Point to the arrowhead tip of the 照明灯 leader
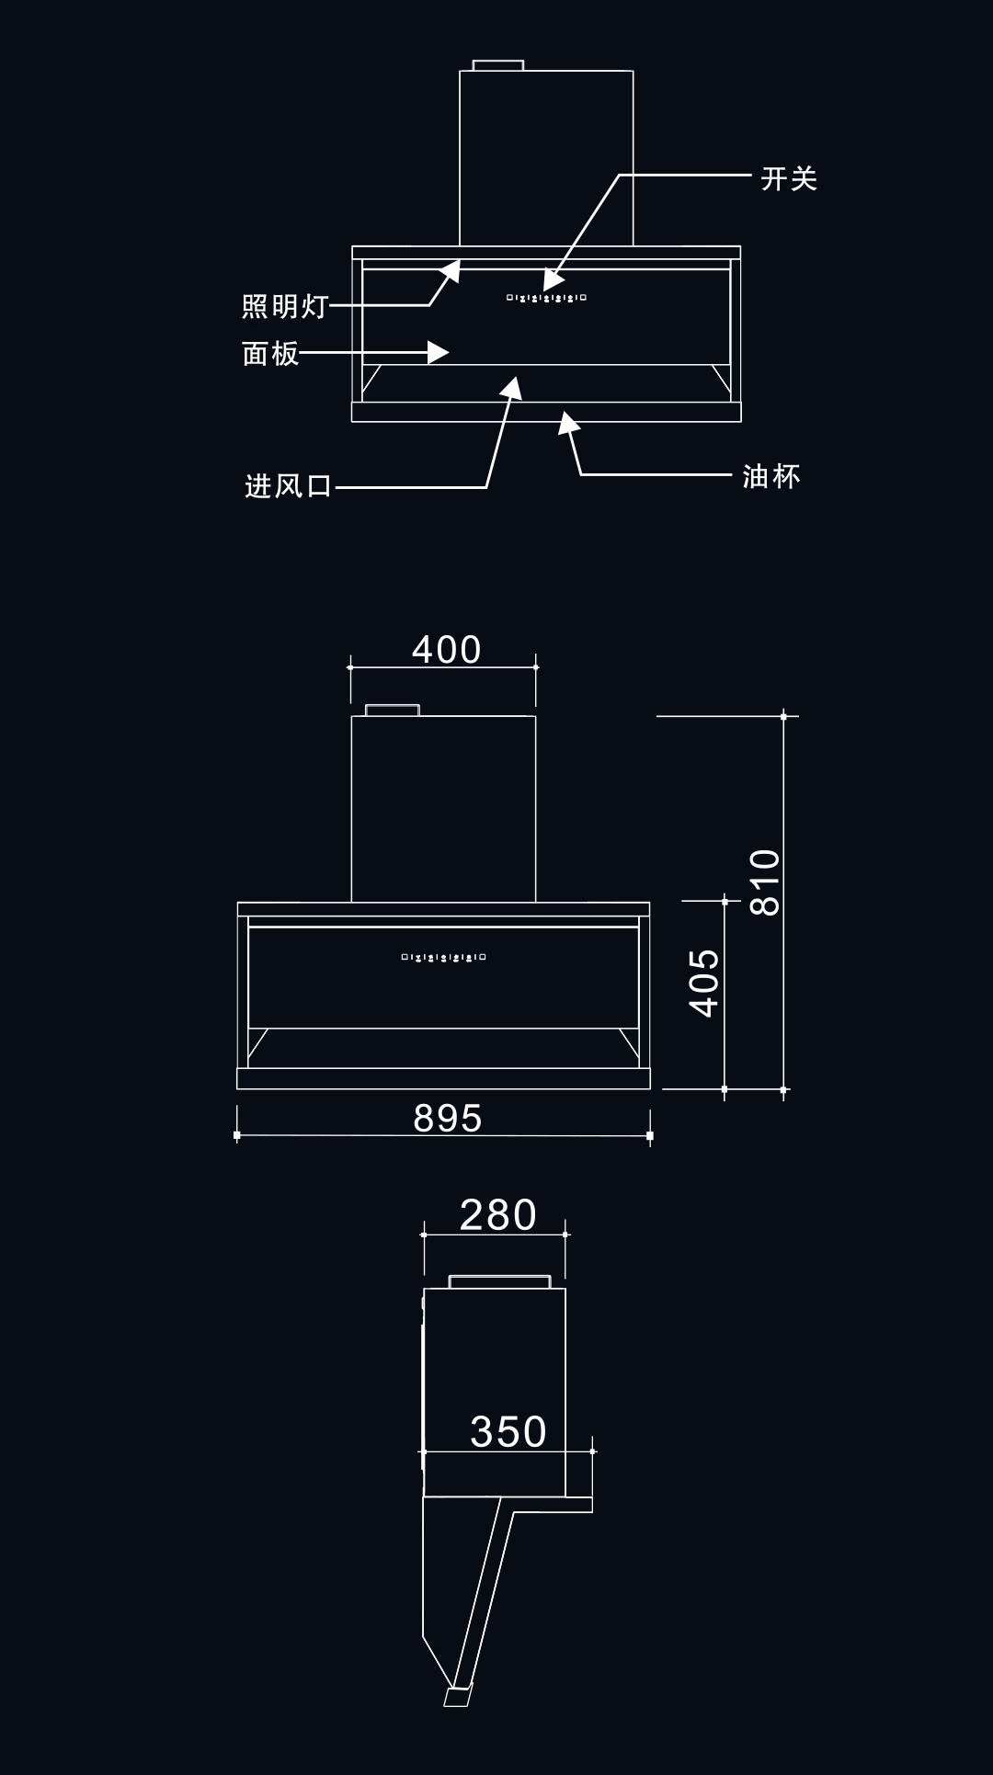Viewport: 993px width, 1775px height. coord(460,261)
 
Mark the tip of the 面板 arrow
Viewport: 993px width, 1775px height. coord(450,351)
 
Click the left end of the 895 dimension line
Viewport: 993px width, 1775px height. coord(237,1136)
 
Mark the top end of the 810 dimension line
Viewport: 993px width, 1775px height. coord(784,715)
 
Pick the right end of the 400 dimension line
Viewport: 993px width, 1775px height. coord(536,666)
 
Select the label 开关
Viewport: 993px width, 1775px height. coord(789,178)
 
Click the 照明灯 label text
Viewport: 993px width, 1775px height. coord(285,306)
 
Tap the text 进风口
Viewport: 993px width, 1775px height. coord(289,485)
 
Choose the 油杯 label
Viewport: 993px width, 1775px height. coord(771,476)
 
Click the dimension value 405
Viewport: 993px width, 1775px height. coord(705,983)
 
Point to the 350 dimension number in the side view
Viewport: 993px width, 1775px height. coord(508,1431)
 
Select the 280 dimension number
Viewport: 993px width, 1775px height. coord(498,1214)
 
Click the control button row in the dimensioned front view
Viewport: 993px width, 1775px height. coord(443,958)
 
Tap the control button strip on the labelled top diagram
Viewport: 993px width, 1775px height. coord(546,298)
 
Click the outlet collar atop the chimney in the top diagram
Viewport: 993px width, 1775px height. coord(498,65)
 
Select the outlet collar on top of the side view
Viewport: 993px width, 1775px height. coord(500,1281)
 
